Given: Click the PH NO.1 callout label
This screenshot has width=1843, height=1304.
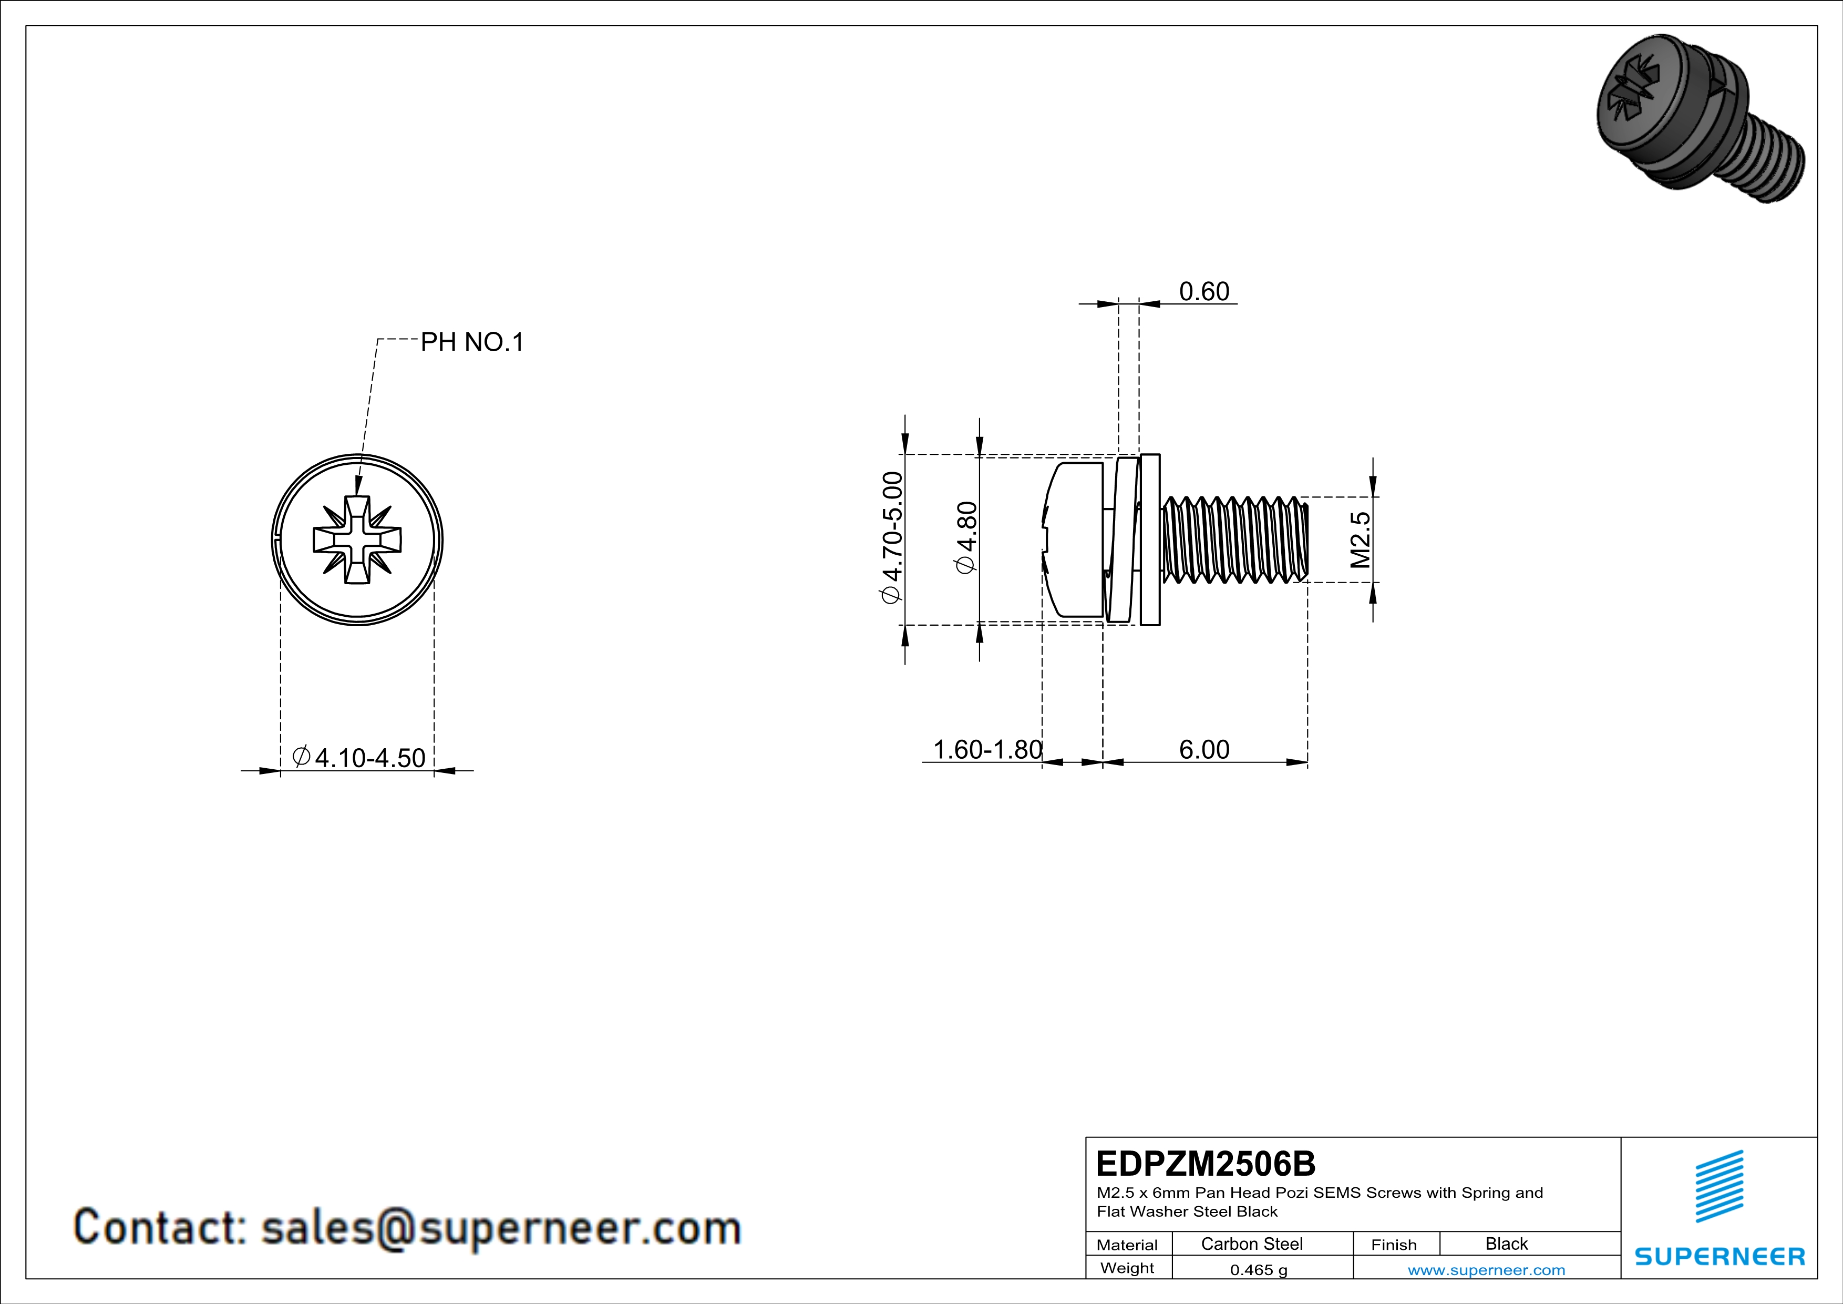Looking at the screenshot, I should coord(472,343).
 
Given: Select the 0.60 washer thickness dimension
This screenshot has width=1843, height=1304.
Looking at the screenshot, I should coord(1203,291).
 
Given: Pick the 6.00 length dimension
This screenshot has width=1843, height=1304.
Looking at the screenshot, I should coord(1203,749).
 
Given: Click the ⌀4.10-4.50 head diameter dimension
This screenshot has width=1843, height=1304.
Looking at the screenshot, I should coord(359,757).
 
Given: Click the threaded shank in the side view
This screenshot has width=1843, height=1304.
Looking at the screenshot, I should coord(1234,539).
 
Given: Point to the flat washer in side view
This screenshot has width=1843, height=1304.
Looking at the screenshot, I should coord(1149,539).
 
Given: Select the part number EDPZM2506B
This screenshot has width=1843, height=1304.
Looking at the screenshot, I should coord(1206,1164).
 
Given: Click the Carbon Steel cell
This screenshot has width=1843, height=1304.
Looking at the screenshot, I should coord(1251,1244).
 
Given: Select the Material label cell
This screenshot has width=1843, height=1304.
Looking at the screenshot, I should coord(1127,1245).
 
